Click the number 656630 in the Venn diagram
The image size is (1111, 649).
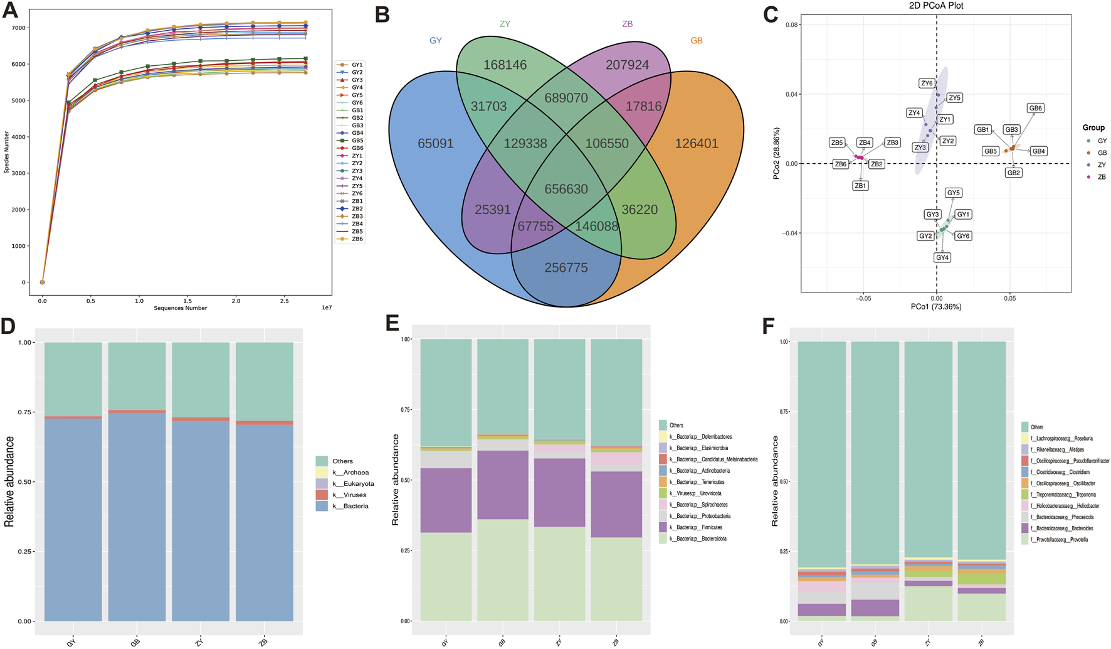(566, 189)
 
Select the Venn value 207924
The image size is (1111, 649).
(627, 65)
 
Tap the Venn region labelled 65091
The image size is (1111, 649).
(435, 144)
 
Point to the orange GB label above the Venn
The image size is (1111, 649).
(696, 41)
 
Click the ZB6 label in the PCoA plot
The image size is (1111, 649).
(840, 164)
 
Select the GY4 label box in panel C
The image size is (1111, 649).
(942, 257)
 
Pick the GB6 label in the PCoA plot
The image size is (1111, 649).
(1035, 109)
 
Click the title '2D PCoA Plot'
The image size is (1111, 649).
(936, 6)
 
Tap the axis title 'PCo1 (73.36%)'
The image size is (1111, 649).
(935, 307)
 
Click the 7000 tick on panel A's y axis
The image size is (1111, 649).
(18, 28)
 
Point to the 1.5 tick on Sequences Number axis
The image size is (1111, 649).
(187, 301)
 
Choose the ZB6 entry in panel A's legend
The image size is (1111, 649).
(357, 239)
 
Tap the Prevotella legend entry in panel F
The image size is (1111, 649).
(1061, 540)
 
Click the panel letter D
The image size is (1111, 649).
(8, 326)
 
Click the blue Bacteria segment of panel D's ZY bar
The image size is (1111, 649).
(201, 521)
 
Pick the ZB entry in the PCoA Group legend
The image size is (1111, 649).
(1102, 177)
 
